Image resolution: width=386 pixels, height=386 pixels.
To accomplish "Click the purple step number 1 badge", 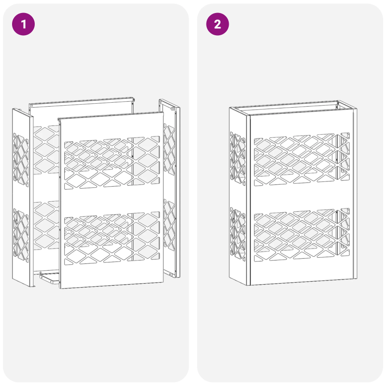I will [x=23, y=24].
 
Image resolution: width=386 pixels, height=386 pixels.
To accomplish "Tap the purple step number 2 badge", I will [x=218, y=24].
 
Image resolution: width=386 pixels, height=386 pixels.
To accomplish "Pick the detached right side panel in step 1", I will [x=169, y=188].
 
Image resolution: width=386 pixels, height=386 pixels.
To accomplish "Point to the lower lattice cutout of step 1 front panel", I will [x=111, y=238].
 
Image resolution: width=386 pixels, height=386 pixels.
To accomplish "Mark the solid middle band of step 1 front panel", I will [x=111, y=200].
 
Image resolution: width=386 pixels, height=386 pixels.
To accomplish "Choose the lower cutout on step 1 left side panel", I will [x=21, y=232].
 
